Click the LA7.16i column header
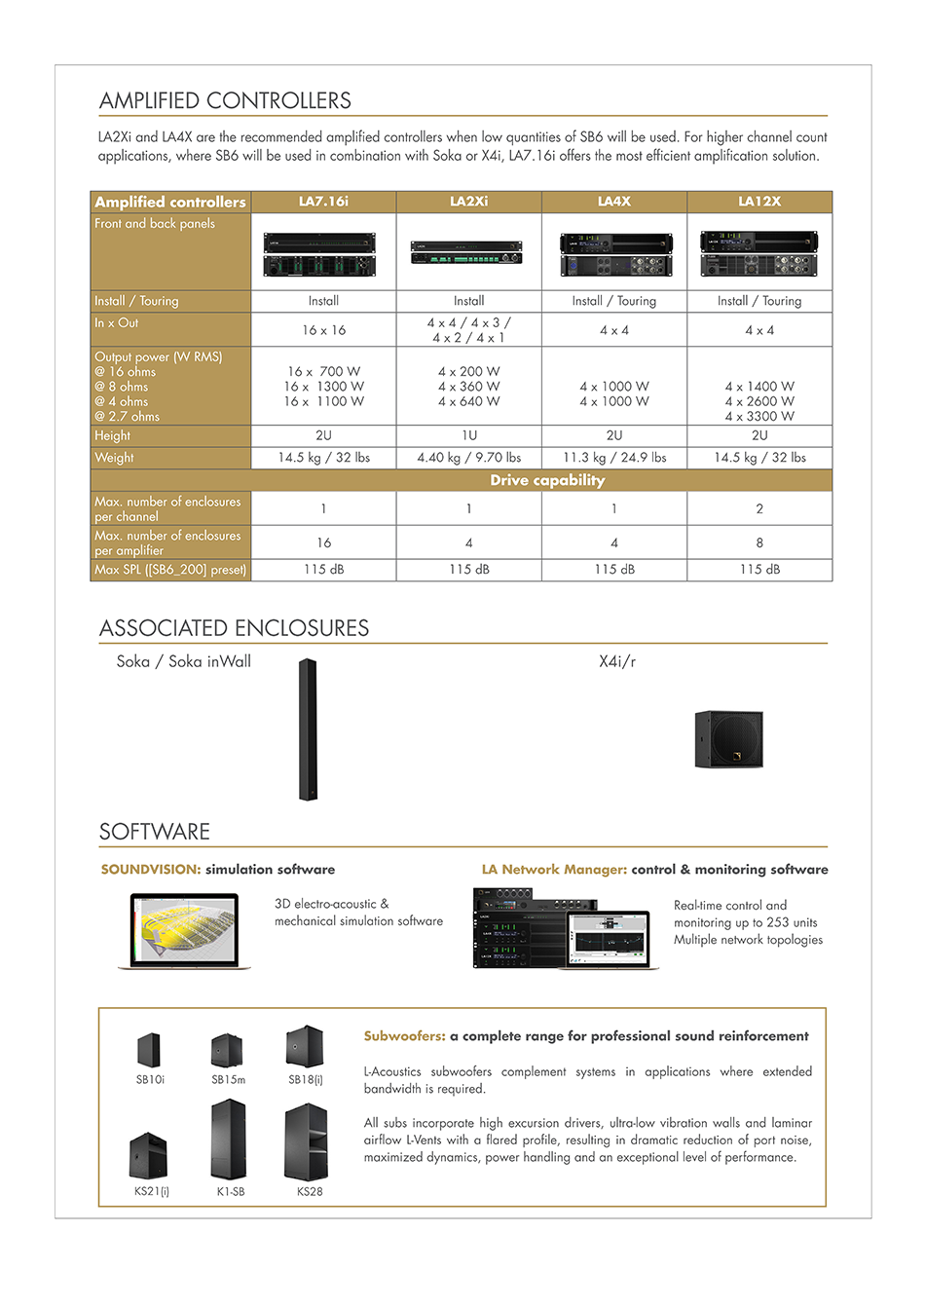(x=323, y=202)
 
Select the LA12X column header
(x=759, y=202)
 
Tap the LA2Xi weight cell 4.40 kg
(x=468, y=458)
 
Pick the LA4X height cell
(x=614, y=435)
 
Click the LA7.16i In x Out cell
(x=323, y=330)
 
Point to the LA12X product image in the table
(x=759, y=253)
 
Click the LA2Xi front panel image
(x=468, y=253)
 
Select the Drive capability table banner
(x=547, y=480)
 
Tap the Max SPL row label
(x=170, y=570)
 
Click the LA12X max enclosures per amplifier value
(x=759, y=542)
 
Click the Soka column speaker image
(x=308, y=729)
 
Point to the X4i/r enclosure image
(x=729, y=739)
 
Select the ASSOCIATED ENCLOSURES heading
(x=234, y=628)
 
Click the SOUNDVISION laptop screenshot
(x=184, y=930)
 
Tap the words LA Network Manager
(x=554, y=870)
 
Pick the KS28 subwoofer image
(x=306, y=1141)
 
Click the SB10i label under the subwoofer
(x=150, y=1080)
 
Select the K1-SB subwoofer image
(x=229, y=1140)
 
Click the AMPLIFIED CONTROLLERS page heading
(x=225, y=100)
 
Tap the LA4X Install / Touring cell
(x=614, y=301)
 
